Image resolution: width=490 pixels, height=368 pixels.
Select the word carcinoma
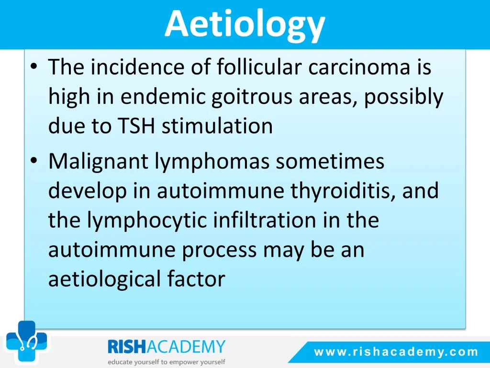[359, 67]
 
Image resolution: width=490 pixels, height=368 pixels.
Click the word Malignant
[98, 162]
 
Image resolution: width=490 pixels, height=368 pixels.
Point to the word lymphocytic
[147, 220]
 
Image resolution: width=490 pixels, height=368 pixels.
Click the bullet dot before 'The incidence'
[34, 67]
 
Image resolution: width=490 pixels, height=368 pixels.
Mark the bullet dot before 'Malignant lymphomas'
[34, 161]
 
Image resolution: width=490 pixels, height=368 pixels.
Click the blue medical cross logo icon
[26, 341]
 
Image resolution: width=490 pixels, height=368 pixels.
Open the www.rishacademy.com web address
[396, 352]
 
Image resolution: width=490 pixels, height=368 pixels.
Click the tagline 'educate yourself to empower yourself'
[167, 362]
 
